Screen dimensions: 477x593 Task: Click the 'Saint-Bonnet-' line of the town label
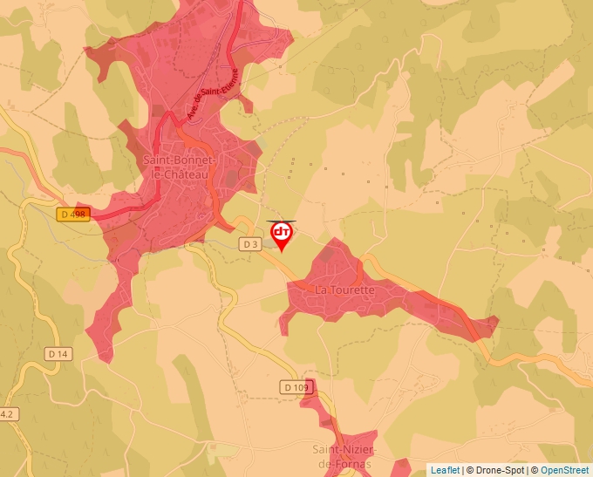tap(181, 160)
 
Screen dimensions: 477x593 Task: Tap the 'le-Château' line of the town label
tap(181, 174)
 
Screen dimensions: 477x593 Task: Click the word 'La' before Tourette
tap(322, 290)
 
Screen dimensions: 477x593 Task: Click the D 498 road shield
tap(75, 215)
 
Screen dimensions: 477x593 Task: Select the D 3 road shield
tap(251, 244)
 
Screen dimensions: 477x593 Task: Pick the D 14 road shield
tap(58, 353)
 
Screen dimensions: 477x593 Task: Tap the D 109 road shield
tap(296, 386)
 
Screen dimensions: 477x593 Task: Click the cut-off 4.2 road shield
tap(7, 413)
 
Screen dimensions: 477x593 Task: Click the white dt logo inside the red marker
tap(282, 233)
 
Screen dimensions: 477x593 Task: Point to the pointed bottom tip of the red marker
tap(282, 252)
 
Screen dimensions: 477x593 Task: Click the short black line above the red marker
tap(282, 221)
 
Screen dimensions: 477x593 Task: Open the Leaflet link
tap(445, 470)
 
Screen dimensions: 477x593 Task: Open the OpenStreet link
tap(565, 470)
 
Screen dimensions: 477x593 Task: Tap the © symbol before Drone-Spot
tap(470, 470)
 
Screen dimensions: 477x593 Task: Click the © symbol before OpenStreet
tap(535, 470)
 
